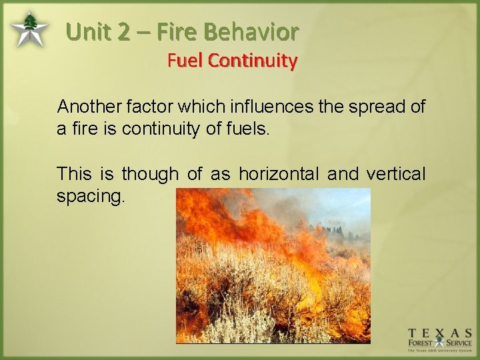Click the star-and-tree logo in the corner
(28, 30)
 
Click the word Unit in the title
(91, 31)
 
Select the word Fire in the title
(180, 31)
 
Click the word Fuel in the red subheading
(185, 61)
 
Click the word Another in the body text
(85, 107)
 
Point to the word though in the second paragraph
(150, 175)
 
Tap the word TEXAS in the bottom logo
(441, 333)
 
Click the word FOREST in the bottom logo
(421, 343)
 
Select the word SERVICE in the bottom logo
(458, 343)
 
